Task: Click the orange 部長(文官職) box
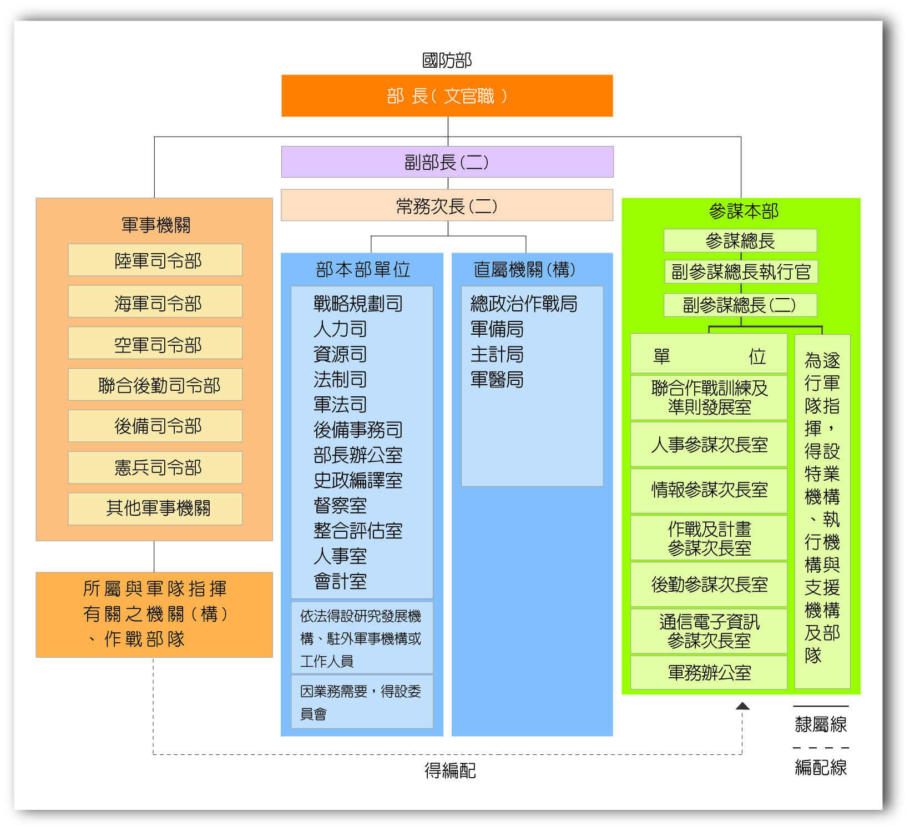coord(447,96)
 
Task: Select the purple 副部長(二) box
coord(447,162)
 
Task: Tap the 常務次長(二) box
coord(447,205)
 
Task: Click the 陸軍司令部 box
coord(155,260)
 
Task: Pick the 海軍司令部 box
coord(155,303)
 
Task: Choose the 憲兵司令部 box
coord(155,467)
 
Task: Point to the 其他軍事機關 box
coord(155,508)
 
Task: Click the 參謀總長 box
coord(740,241)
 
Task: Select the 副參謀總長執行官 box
coord(740,272)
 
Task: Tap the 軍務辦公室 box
coord(709,673)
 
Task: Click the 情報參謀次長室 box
coord(709,490)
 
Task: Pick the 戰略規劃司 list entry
coord(358,304)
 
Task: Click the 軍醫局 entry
coord(497,380)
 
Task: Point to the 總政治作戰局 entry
coord(523,304)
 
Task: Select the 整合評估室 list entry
coord(358,531)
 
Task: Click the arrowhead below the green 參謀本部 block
coord(742,706)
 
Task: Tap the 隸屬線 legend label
coord(821,724)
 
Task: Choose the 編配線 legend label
coord(821,767)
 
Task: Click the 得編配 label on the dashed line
coord(450,770)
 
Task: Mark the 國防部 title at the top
coord(447,60)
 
